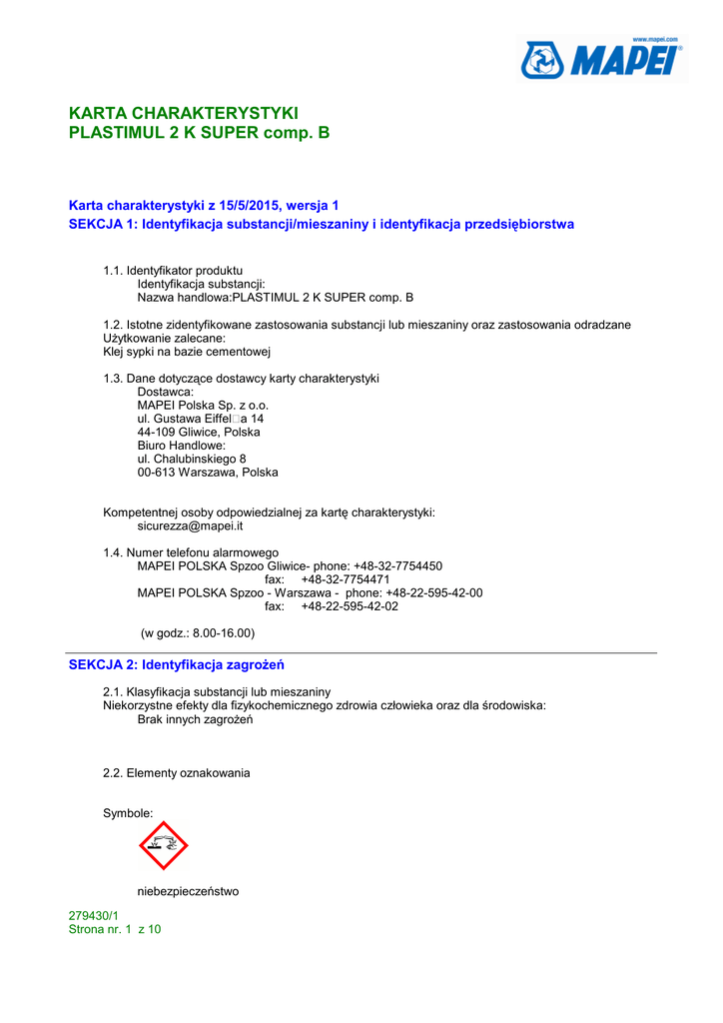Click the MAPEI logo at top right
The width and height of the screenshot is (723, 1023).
(603, 60)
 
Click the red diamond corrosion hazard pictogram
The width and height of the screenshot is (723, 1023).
(164, 845)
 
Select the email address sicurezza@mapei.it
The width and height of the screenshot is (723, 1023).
(190, 525)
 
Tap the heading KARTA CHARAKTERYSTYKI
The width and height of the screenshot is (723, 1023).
(183, 113)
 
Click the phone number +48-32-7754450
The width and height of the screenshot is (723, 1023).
(397, 565)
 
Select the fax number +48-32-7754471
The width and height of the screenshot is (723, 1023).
(346, 579)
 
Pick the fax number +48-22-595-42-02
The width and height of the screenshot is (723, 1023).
(350, 606)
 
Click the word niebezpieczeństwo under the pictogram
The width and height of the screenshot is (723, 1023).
(188, 891)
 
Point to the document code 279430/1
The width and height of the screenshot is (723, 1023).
(93, 915)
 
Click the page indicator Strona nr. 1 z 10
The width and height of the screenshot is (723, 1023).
(115, 929)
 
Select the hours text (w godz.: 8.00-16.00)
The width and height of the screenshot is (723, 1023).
(197, 632)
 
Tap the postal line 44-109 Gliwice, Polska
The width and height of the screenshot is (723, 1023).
(199, 433)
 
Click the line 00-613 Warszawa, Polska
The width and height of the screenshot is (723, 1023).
(208, 473)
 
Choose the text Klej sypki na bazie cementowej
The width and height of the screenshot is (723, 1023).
(187, 352)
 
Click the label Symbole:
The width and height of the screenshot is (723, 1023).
(128, 813)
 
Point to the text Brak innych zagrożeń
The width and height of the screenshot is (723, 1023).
(195, 719)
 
